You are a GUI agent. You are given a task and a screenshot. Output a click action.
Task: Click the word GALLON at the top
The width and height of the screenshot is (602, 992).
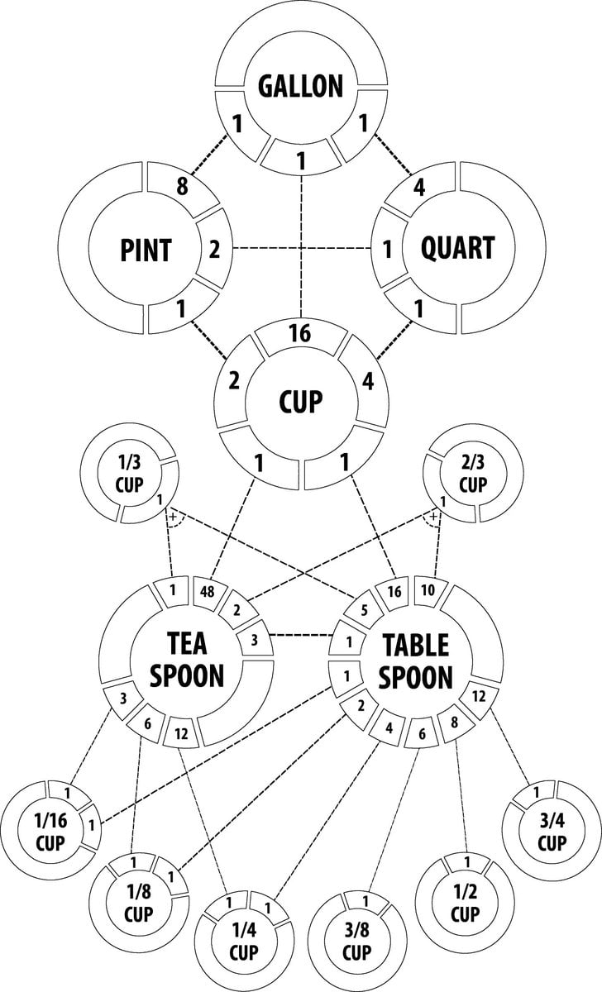pyautogui.click(x=300, y=85)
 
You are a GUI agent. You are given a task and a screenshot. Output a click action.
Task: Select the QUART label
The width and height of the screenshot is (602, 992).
pyautogui.click(x=457, y=248)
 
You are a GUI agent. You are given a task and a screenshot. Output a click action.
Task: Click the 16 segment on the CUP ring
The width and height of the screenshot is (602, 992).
pyautogui.click(x=299, y=335)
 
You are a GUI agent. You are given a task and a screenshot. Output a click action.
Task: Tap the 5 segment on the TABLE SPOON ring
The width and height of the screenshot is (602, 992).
pyautogui.click(x=362, y=613)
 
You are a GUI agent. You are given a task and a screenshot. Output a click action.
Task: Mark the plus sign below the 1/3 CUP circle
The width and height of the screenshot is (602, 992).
pyautogui.click(x=172, y=517)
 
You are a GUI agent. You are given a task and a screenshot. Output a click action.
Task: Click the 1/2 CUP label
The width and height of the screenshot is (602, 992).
pyautogui.click(x=465, y=906)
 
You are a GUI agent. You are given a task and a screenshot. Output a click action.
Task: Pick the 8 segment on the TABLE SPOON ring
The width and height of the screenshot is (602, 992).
pyautogui.click(x=454, y=722)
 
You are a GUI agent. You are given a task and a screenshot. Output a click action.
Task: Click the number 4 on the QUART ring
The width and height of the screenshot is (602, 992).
pyautogui.click(x=420, y=187)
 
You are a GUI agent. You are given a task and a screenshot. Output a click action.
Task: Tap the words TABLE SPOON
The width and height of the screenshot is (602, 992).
pyautogui.click(x=415, y=661)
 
